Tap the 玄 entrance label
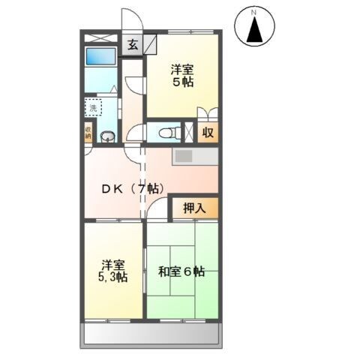pos(132,44)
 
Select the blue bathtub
pos(100,56)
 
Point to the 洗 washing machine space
pos(94,108)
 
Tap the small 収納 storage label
pos(88,133)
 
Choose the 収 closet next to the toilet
pos(208,133)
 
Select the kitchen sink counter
pos(195,157)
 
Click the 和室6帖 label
pos(181,271)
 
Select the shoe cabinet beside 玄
pos(150,43)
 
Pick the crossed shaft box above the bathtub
pos(100,37)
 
